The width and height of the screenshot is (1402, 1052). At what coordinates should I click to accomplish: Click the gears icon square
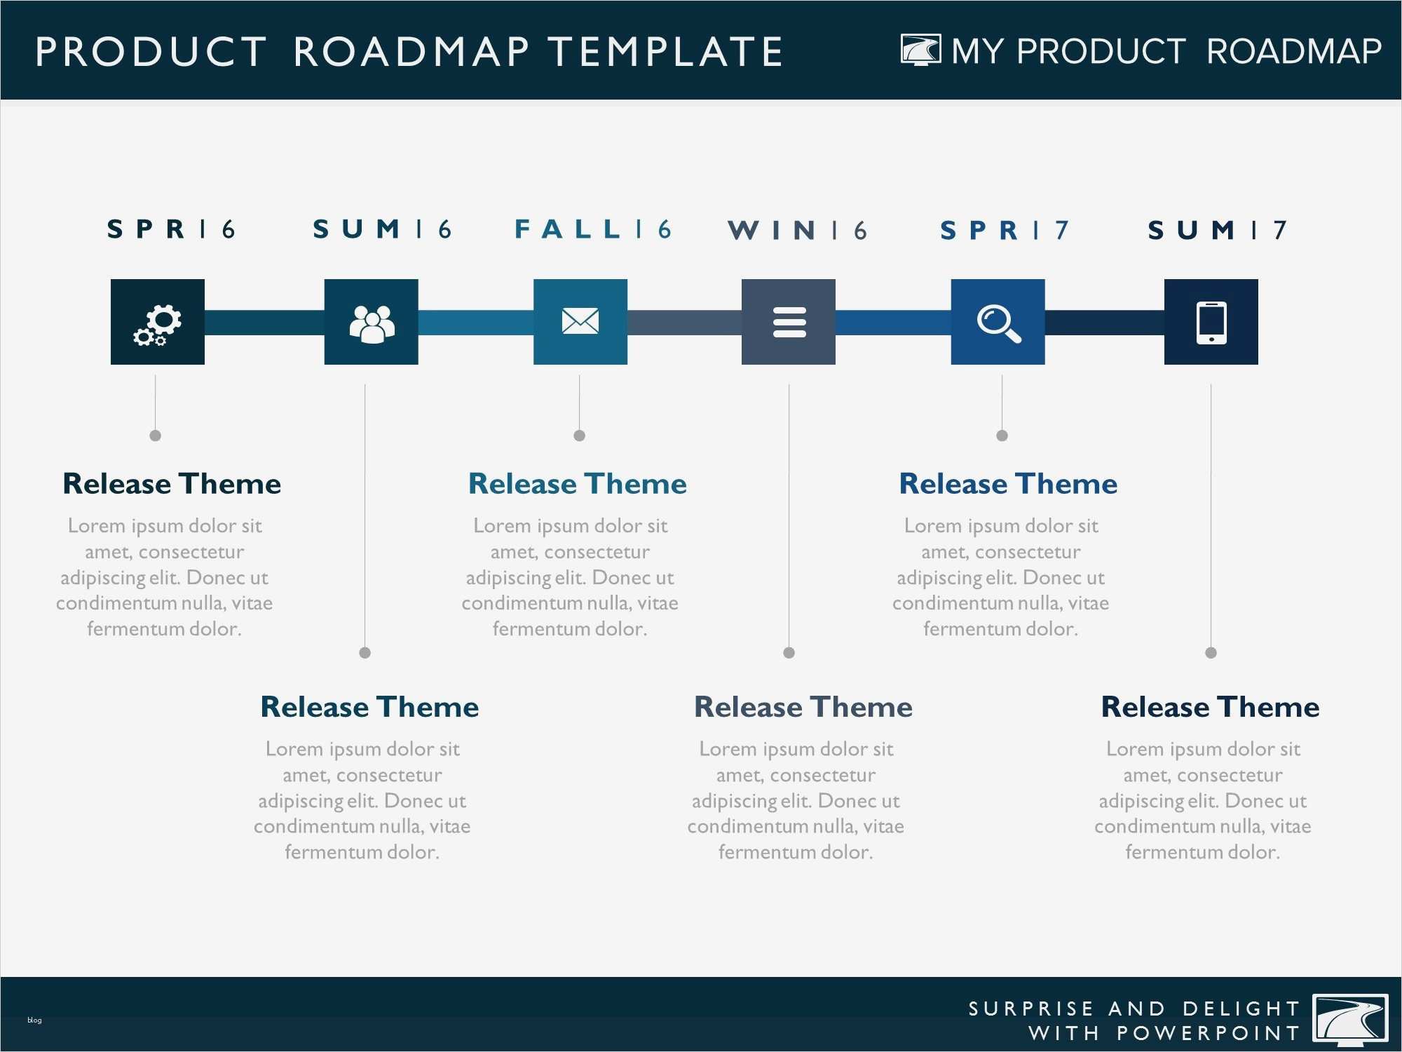click(x=158, y=322)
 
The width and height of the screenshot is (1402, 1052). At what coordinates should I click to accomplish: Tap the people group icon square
click(x=372, y=322)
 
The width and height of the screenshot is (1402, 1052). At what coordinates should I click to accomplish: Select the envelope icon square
click(x=580, y=322)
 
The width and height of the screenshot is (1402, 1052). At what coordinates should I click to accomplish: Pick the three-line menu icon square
click(x=789, y=322)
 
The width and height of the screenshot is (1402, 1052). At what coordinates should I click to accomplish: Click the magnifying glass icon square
click(x=998, y=322)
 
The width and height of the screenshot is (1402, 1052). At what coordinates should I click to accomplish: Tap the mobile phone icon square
click(x=1211, y=322)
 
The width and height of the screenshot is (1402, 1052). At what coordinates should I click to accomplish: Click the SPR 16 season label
click(x=171, y=229)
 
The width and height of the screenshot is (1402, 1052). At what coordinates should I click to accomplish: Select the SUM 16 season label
click(x=383, y=229)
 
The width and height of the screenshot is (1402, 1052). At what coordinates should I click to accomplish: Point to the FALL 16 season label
click(x=593, y=229)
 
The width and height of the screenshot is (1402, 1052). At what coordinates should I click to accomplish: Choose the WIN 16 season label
click(x=798, y=230)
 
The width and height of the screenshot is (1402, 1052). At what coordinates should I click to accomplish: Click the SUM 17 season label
click(x=1218, y=230)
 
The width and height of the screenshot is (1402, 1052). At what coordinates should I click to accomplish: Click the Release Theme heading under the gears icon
click(x=172, y=484)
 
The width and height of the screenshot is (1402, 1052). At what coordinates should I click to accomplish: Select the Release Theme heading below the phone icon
click(x=1211, y=707)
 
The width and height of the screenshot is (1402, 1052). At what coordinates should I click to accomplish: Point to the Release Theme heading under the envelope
click(x=578, y=484)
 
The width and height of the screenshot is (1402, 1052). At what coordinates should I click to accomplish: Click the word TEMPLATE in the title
click(x=665, y=52)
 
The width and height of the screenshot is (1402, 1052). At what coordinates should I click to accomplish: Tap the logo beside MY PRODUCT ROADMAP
click(x=920, y=50)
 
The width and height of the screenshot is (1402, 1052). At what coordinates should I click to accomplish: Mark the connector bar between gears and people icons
click(x=264, y=323)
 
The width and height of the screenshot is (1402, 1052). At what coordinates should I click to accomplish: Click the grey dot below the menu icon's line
click(x=789, y=653)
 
